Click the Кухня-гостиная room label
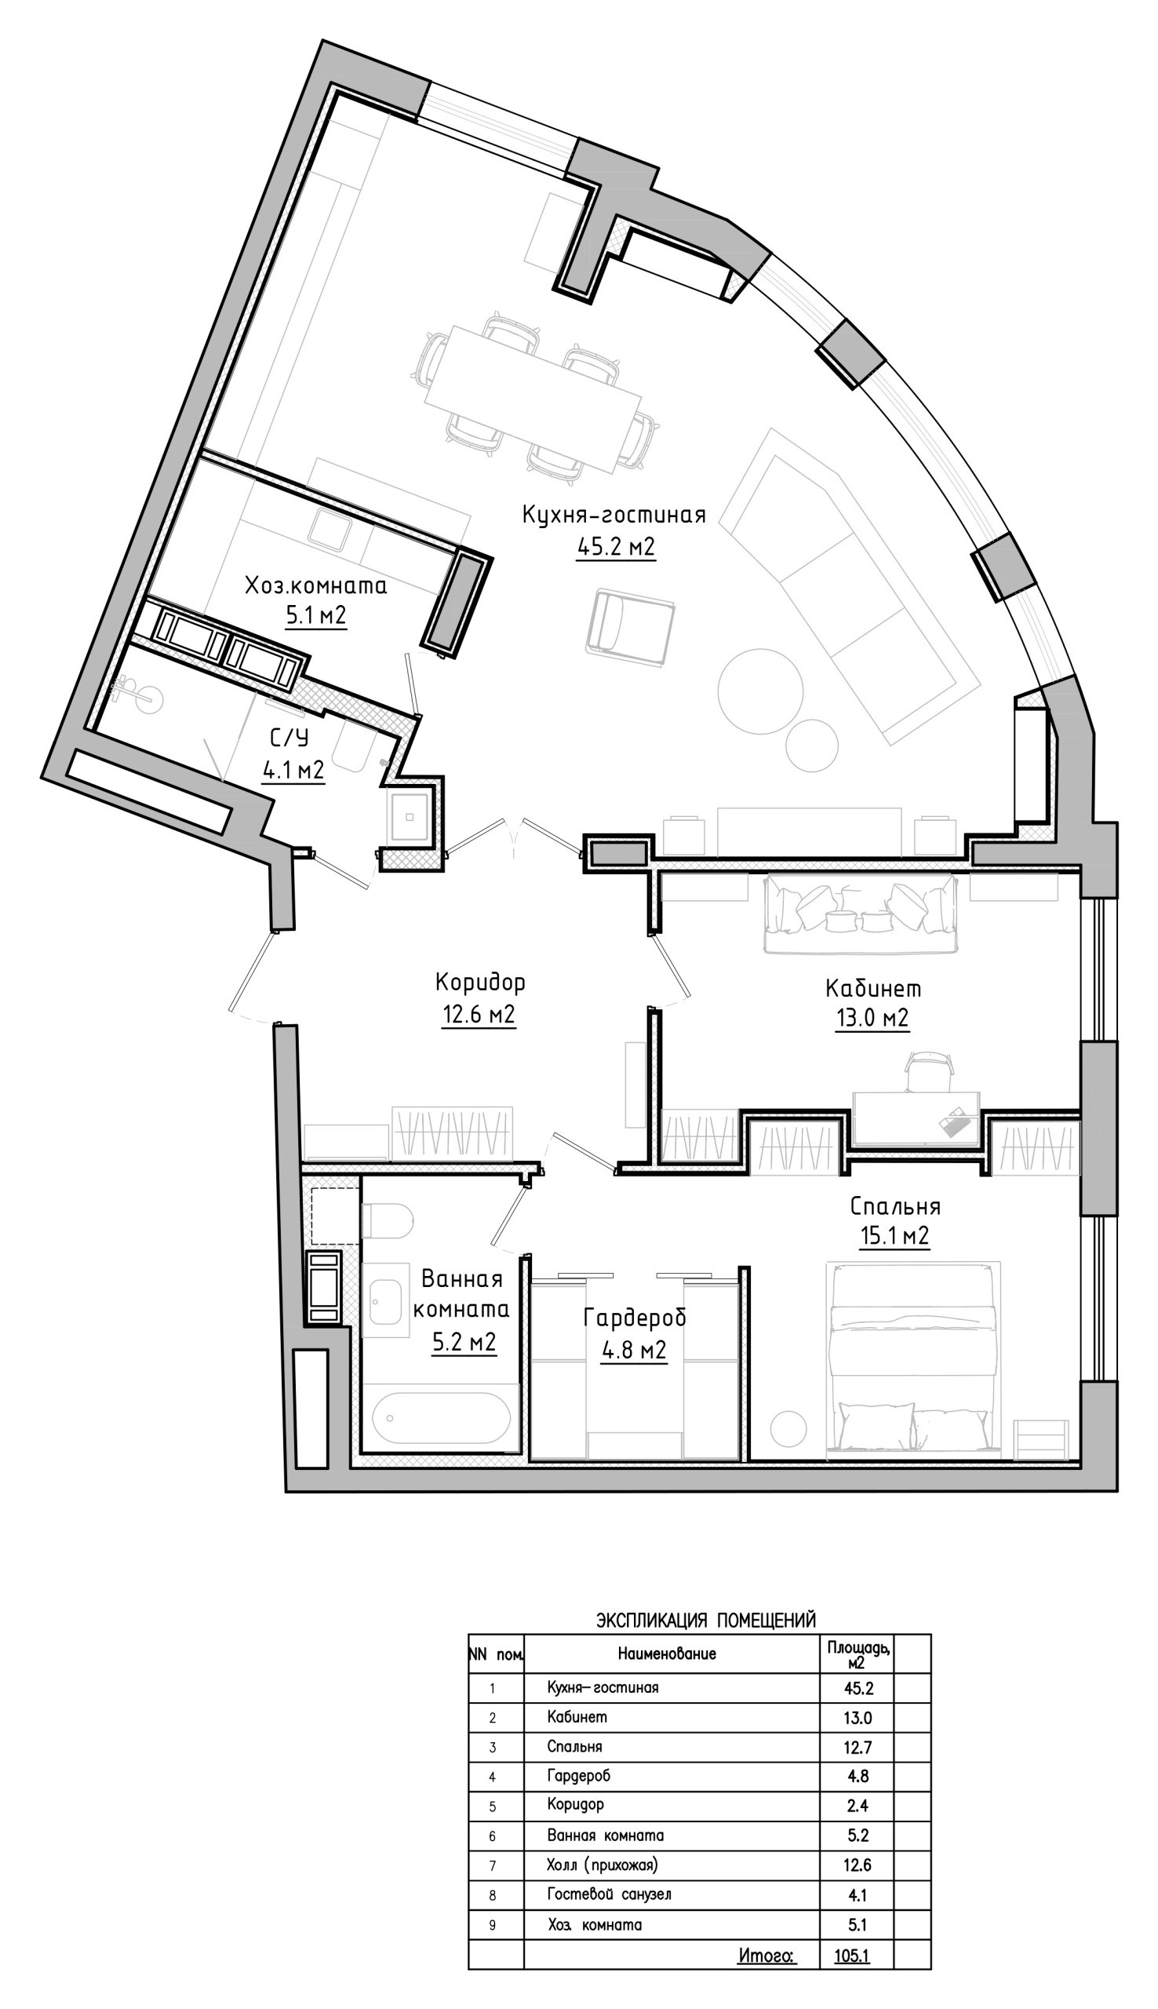pos(614,515)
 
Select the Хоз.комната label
pos(315,586)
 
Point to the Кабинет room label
pos(873,989)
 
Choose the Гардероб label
pos(634,1317)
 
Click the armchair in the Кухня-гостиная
pos(630,625)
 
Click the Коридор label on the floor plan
pos(479,983)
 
